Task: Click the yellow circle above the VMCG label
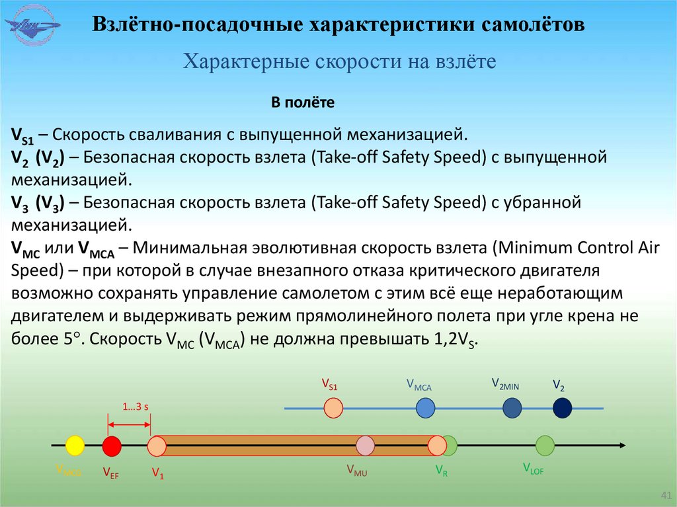(75, 446)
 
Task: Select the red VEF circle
(112, 446)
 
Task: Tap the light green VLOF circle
(545, 446)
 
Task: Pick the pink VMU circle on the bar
(365, 446)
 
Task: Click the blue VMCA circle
(426, 409)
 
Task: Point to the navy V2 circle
(562, 409)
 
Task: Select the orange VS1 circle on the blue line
(334, 408)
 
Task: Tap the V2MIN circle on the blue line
(512, 409)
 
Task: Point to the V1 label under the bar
(157, 473)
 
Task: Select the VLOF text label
(533, 470)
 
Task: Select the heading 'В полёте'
(302, 103)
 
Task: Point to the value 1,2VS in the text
(454, 341)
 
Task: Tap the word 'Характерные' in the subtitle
(239, 62)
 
